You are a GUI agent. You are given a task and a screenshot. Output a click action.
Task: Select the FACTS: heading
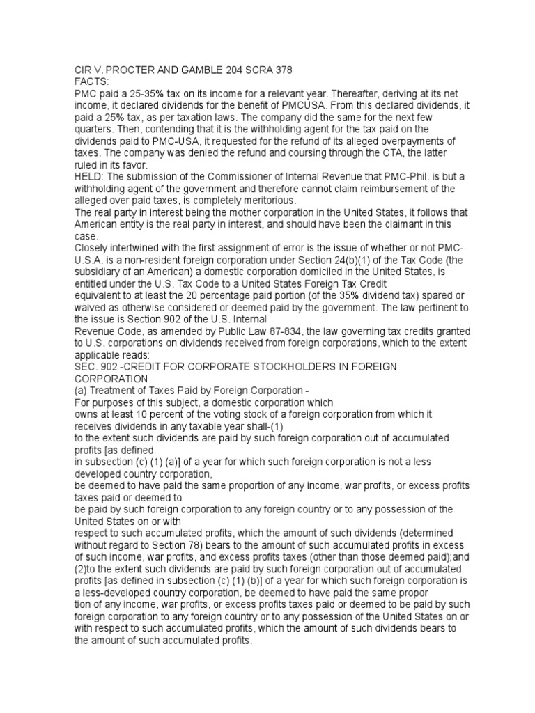click(91, 81)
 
